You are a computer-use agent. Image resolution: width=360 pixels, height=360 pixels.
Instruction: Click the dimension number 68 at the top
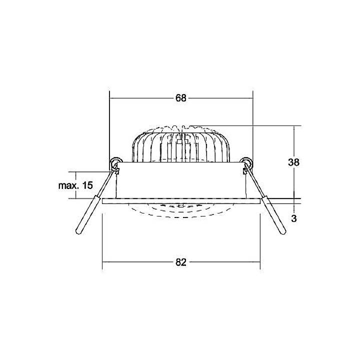[x=180, y=98]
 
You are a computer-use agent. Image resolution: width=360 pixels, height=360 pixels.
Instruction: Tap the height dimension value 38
[x=294, y=162]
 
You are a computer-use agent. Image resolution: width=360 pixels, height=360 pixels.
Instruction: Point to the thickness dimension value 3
[x=294, y=218]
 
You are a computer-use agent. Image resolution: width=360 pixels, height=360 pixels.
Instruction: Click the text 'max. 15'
[x=75, y=185]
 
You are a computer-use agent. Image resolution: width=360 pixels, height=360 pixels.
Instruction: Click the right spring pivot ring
[x=245, y=161]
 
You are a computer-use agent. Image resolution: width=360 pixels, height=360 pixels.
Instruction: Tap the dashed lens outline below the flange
[x=180, y=212]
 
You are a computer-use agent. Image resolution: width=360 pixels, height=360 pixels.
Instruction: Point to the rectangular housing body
[x=180, y=180]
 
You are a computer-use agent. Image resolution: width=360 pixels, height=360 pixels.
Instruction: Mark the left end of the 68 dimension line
[x=110, y=98]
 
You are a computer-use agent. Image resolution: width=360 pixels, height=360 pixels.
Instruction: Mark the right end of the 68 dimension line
[x=252, y=98]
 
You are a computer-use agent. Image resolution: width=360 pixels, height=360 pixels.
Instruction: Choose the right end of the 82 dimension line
[x=260, y=262]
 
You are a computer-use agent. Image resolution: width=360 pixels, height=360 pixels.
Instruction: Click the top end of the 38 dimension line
[x=294, y=125]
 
